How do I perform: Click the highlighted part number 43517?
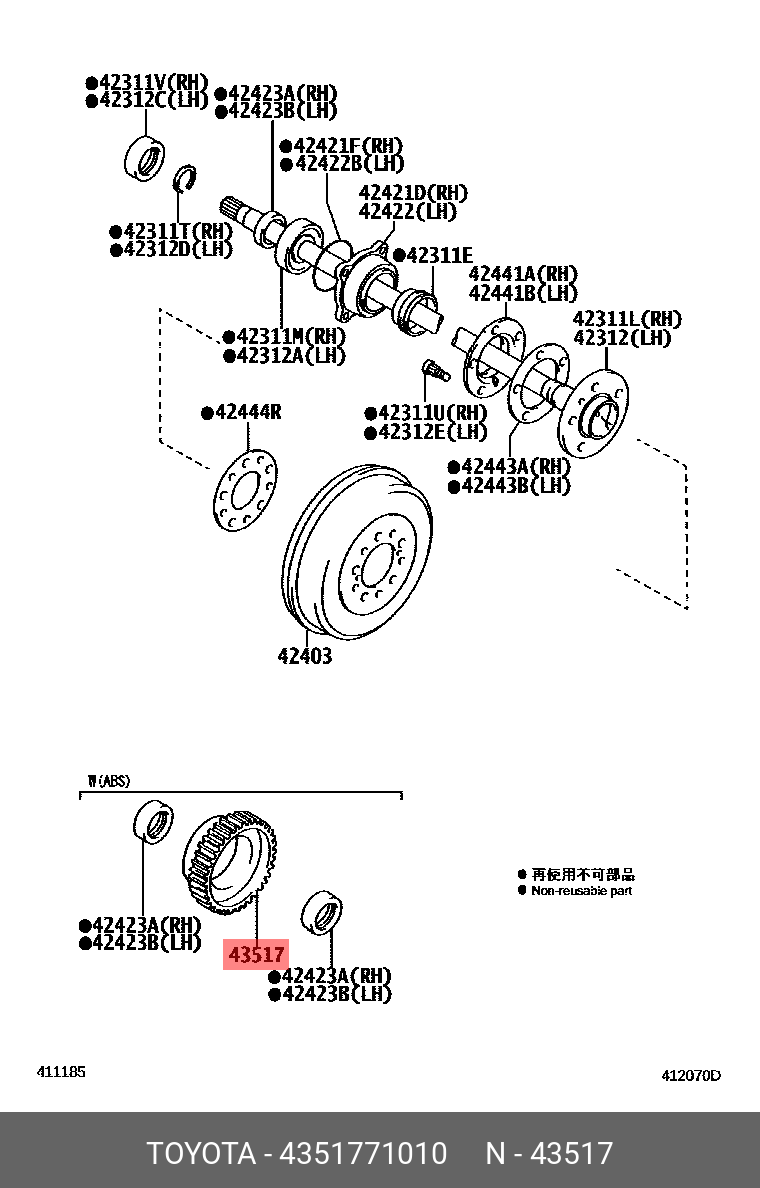point(256,955)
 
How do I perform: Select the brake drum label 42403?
point(304,657)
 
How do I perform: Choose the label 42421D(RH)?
point(413,193)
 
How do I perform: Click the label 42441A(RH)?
point(523,274)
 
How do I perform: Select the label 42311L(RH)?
point(626,319)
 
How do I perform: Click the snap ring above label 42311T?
point(183,180)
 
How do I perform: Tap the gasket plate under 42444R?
point(246,490)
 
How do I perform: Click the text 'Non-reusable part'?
point(581,890)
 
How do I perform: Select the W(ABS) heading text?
point(108,780)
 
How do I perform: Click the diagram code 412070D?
point(690,1076)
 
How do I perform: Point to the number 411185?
point(61,1072)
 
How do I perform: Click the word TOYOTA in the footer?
point(201,1153)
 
